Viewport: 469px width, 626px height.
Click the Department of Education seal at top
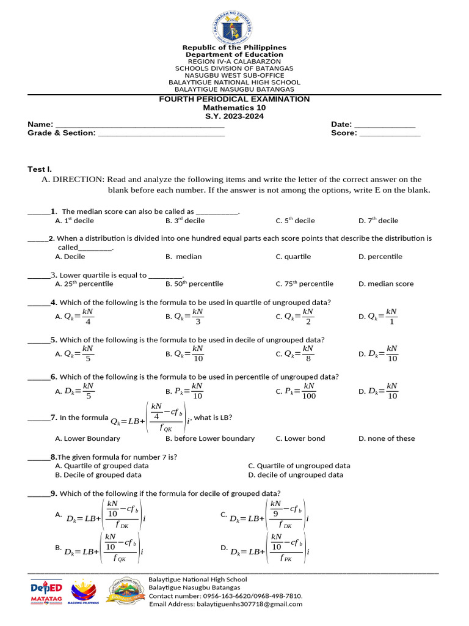234,27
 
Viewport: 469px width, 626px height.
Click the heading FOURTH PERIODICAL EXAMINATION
234,99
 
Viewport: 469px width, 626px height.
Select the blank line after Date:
385,125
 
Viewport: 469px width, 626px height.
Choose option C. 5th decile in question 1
296,221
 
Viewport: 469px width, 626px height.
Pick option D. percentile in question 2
380,257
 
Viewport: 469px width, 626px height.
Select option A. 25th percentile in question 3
84,284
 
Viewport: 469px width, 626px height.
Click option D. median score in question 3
386,284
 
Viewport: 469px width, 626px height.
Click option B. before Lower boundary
210,438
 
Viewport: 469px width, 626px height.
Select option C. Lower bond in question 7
300,438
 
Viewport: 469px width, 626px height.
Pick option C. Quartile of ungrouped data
299,466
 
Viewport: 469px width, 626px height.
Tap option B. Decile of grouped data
98,474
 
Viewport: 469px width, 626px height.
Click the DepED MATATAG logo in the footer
46,592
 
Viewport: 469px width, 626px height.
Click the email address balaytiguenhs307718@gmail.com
226,604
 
